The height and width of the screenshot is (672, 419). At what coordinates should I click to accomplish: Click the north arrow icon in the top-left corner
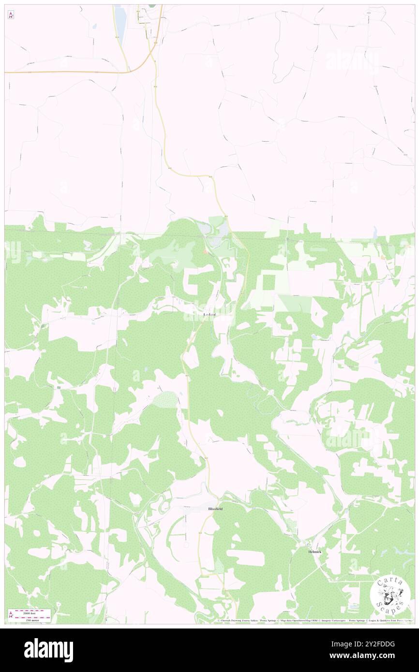click(11, 15)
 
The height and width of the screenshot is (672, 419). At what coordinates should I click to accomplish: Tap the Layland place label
click(210, 315)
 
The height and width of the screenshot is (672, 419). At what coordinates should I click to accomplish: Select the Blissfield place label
click(215, 509)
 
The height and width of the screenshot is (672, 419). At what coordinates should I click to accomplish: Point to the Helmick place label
click(314, 552)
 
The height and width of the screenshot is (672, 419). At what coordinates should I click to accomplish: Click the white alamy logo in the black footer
click(48, 650)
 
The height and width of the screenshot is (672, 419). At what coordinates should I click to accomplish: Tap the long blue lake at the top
click(120, 24)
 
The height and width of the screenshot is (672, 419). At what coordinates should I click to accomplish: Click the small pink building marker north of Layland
click(206, 251)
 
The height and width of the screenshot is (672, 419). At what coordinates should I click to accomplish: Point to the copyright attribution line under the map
click(314, 621)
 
